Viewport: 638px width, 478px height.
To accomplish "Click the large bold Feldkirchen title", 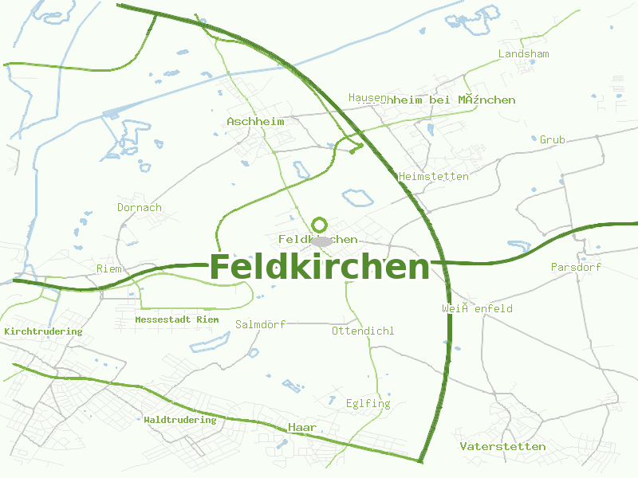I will [319, 267].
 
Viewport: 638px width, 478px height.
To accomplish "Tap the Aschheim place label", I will [255, 121].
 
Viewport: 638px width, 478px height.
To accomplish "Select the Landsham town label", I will [523, 53].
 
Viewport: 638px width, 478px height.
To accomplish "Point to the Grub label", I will [552, 139].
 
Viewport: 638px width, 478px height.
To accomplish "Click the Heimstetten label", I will [433, 176].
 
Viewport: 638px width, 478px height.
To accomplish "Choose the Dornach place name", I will [140, 207].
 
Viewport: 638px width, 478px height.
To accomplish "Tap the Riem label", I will [109, 268].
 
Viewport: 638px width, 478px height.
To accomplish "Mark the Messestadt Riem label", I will [176, 319].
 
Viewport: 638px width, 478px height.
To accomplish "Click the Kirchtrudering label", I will [43, 331].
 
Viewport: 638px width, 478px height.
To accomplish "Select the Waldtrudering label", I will [179, 420].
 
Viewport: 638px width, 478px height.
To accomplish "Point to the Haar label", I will [302, 428].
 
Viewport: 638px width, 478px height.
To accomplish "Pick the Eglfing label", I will [368, 403].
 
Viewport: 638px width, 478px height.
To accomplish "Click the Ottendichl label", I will [363, 331].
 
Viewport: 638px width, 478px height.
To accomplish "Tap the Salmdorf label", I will [260, 324].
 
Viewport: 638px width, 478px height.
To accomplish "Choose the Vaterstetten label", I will [502, 446].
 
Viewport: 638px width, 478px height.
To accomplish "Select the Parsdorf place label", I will [576, 267].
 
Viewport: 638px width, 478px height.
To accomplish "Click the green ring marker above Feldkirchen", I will [321, 224].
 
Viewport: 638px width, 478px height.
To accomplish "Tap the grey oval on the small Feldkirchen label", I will [322, 241].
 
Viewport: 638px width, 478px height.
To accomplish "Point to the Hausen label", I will [365, 97].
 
